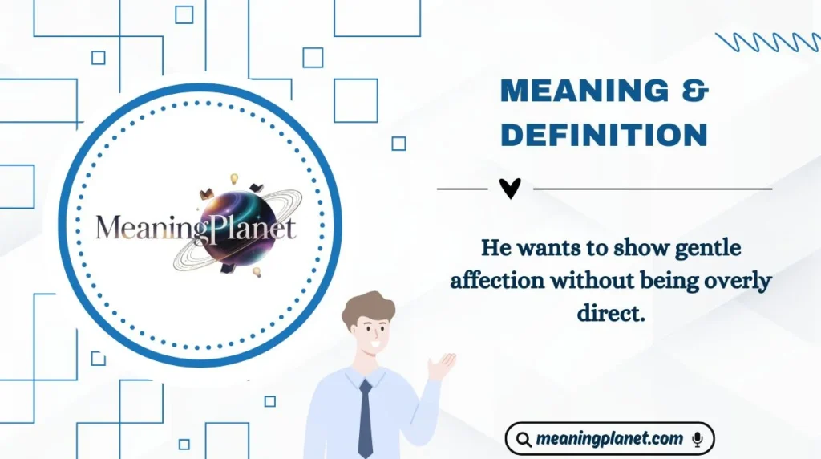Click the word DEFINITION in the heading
pyautogui.click(x=604, y=134)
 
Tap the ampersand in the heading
pyautogui.click(x=698, y=91)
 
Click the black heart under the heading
pyautogui.click(x=510, y=189)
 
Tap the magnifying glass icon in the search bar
pyautogui.click(x=524, y=440)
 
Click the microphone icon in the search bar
pyautogui.click(x=698, y=439)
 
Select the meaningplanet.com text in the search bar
pyautogui.click(x=610, y=439)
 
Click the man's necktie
pyautogui.click(x=365, y=417)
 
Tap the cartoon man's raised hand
pyautogui.click(x=441, y=366)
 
